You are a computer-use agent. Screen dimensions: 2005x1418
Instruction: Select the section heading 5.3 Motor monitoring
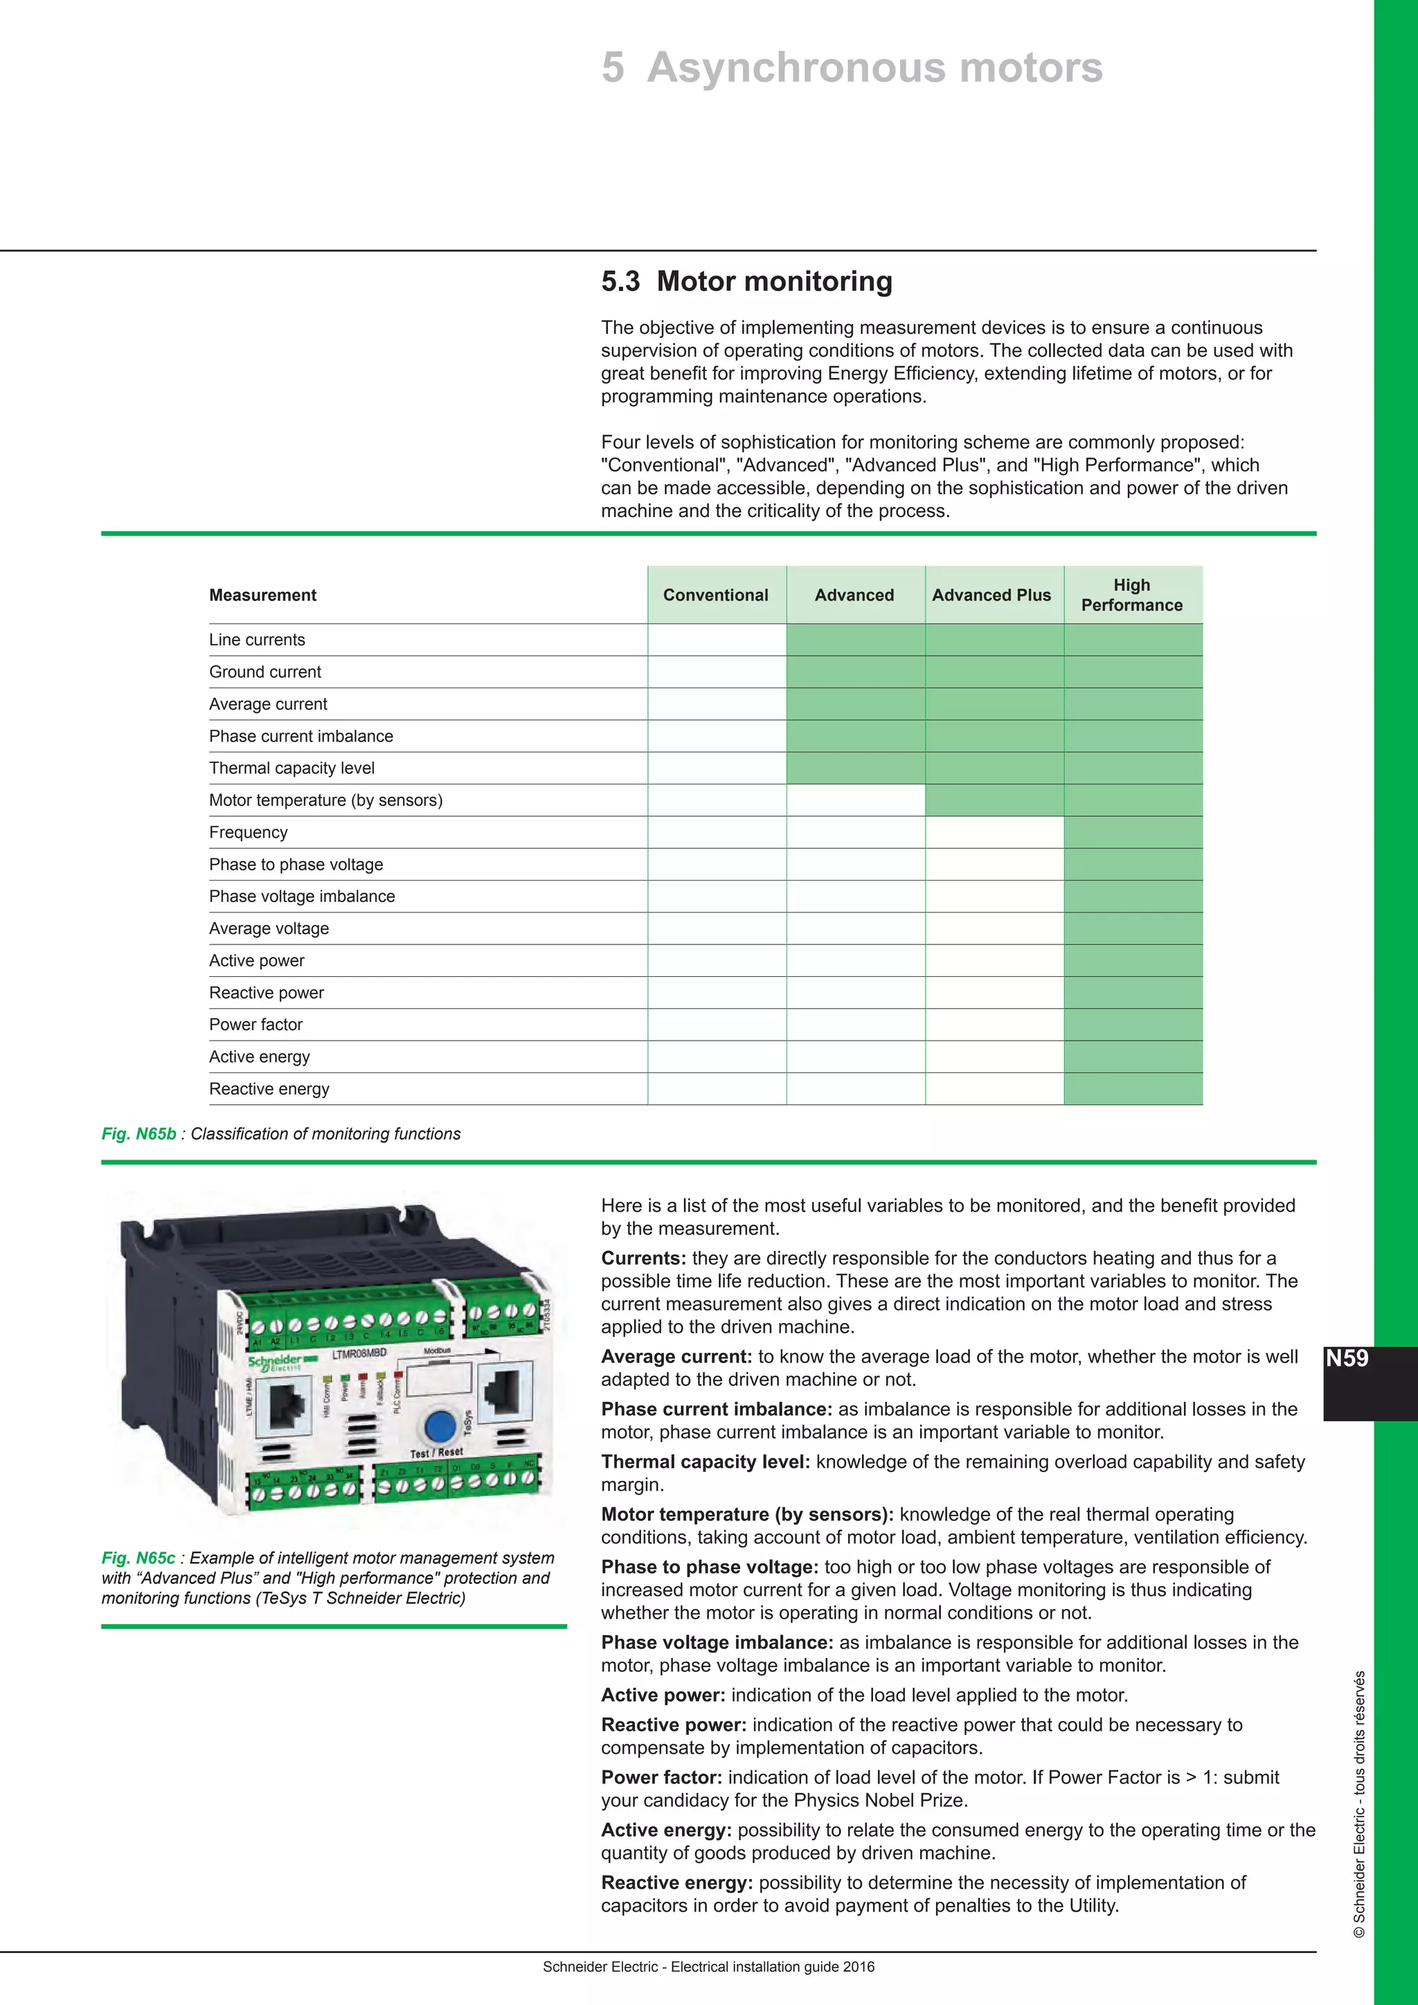(746, 281)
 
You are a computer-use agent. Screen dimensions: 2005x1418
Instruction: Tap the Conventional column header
(715, 595)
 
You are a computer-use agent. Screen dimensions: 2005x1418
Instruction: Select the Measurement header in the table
(262, 595)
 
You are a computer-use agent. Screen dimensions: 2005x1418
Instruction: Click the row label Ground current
(264, 672)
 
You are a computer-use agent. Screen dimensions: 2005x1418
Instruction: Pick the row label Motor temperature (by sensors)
(325, 800)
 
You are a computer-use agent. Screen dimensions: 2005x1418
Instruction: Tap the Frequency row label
(248, 832)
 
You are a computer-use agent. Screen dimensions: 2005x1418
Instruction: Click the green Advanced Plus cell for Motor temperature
(994, 800)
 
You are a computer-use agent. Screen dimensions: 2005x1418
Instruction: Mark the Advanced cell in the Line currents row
(855, 639)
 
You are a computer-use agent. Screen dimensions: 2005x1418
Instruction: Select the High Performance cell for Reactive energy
(1133, 1089)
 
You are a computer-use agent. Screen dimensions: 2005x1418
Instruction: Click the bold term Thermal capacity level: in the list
(705, 1462)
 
